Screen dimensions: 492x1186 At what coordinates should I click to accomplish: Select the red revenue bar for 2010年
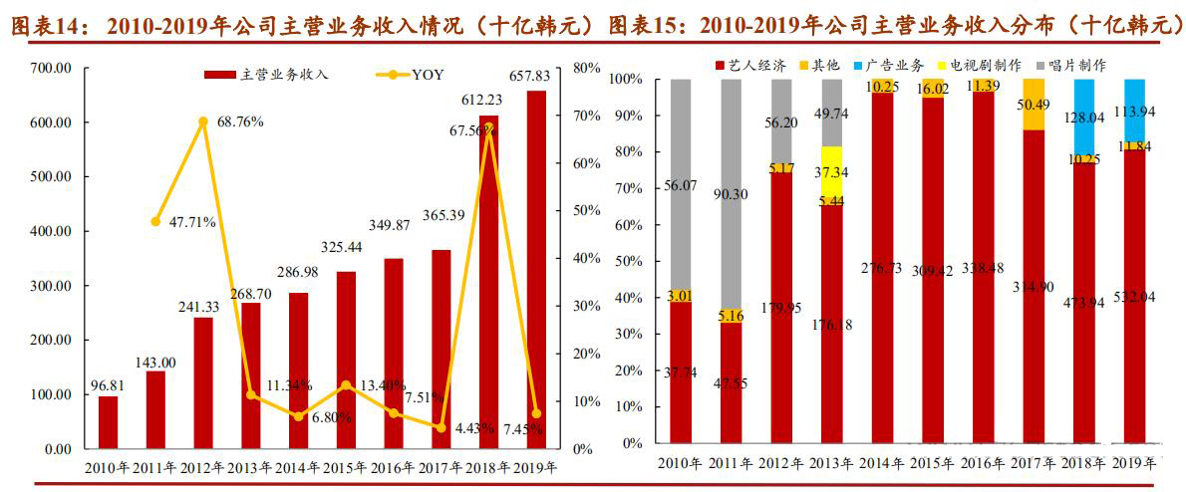click(108, 422)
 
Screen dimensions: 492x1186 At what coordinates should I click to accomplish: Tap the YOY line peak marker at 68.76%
click(203, 122)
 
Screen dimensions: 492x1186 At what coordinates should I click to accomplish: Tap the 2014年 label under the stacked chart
click(883, 463)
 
